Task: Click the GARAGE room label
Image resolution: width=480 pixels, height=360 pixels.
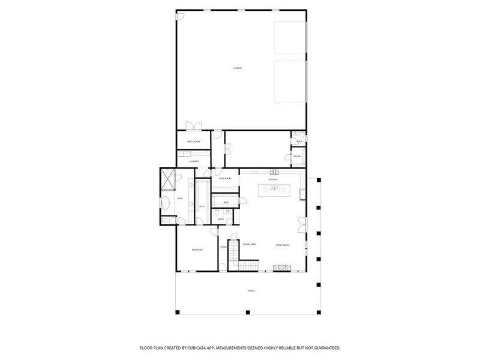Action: (238, 68)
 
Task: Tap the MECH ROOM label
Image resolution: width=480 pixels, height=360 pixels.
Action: (194, 142)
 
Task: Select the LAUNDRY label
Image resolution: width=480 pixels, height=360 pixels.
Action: (194, 161)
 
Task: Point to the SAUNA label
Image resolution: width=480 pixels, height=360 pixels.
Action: (297, 157)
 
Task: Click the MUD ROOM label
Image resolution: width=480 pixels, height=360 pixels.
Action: (225, 179)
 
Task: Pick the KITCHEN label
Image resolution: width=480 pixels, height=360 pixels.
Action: (272, 179)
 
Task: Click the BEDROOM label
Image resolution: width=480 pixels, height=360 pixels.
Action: (197, 250)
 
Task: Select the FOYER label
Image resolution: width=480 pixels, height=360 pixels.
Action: (223, 247)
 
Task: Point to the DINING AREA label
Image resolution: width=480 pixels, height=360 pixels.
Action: (250, 244)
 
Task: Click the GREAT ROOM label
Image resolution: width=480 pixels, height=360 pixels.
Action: (283, 245)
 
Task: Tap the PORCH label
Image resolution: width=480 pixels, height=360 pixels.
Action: (251, 291)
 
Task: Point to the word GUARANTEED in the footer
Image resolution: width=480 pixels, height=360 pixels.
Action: (323, 348)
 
